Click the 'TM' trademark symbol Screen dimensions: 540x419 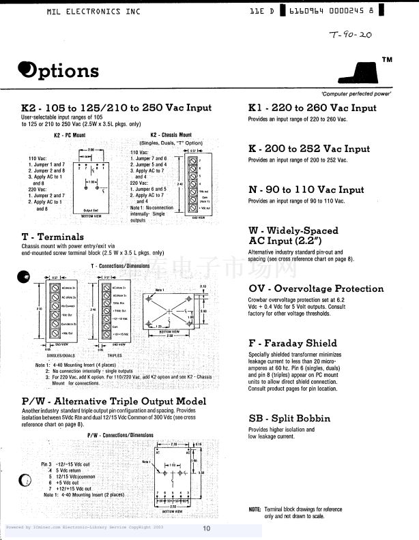click(387, 60)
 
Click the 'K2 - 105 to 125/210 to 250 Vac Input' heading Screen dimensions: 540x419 click(117, 108)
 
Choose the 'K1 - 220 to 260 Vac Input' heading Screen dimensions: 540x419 click(312, 108)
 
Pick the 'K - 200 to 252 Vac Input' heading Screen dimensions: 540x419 click(308, 149)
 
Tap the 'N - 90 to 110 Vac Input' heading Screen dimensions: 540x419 click(306, 190)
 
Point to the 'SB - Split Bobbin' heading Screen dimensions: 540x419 click(289, 418)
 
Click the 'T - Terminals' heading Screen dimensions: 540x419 click(53, 236)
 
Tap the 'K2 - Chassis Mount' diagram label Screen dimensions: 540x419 click(171, 135)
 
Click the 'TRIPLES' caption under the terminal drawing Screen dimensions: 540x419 click(115, 355)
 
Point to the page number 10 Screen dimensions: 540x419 click(206, 528)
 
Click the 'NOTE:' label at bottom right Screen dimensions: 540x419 click(255, 509)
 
